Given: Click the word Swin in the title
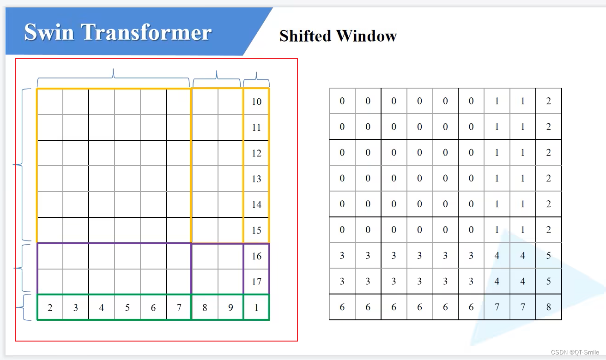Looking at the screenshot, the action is (49, 32).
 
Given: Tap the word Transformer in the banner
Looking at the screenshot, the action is (147, 32).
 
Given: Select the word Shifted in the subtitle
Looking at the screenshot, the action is (306, 36).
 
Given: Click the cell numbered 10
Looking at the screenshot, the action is (256, 102).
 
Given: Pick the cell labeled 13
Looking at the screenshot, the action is (256, 179).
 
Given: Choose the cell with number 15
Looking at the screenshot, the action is (256, 230).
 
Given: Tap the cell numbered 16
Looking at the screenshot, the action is (256, 256).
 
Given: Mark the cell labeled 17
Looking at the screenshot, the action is (256, 282).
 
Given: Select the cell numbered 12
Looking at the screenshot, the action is (256, 153).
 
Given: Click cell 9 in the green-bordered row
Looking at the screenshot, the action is (230, 307).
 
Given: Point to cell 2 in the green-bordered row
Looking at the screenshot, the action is (50, 307).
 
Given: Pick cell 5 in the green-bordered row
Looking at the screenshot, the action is (127, 307).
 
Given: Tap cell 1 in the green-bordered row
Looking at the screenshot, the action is (256, 307).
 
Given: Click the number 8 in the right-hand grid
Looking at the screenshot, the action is (548, 307).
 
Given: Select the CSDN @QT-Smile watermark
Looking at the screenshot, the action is (575, 352).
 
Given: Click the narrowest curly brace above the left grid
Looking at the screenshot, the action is (256, 79).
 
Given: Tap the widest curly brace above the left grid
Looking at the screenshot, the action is (113, 76).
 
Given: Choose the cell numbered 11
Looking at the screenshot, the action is (256, 127).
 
